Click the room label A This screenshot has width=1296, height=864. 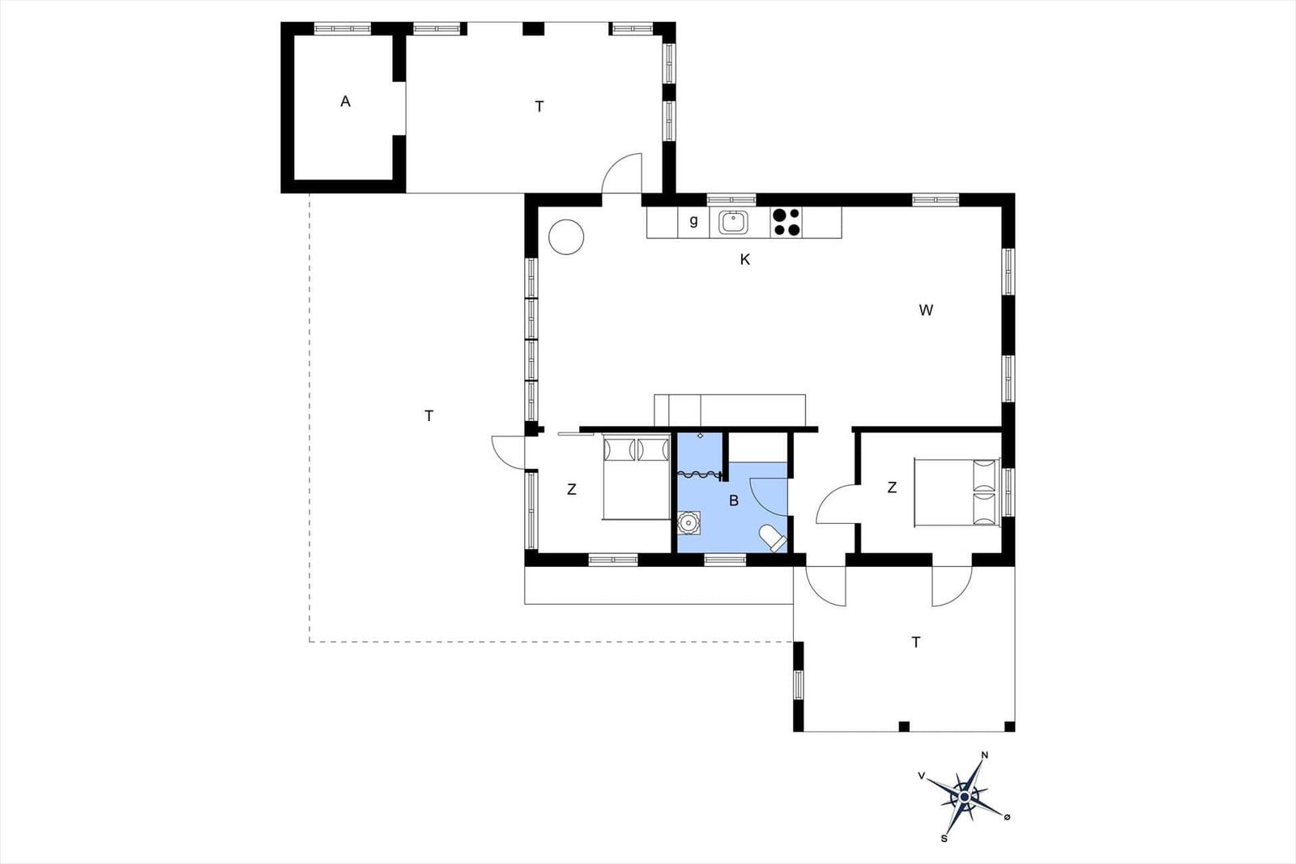coord(345,102)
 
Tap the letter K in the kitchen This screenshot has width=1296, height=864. coord(744,260)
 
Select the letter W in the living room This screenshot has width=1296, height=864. coord(926,311)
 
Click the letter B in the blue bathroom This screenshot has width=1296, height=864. coord(734,500)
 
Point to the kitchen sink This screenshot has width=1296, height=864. coord(733,223)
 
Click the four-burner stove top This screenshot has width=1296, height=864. coord(787,223)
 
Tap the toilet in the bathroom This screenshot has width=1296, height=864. coord(773,538)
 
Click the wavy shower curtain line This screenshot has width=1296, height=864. coord(700,475)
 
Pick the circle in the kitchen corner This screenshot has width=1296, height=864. coord(566,237)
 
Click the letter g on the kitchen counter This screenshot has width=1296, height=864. coord(693,220)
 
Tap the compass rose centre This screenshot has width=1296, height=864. coord(965,797)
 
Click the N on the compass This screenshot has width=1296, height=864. coord(985,755)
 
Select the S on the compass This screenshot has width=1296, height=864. coord(944,839)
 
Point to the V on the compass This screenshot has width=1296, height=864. coord(922,776)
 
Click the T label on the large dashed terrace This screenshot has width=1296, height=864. coord(428,416)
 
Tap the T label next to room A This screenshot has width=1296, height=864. coord(539,107)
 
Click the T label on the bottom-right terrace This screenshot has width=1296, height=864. coord(916,642)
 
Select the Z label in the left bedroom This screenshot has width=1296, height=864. coord(572,489)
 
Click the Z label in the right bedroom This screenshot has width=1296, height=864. coord(892,487)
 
